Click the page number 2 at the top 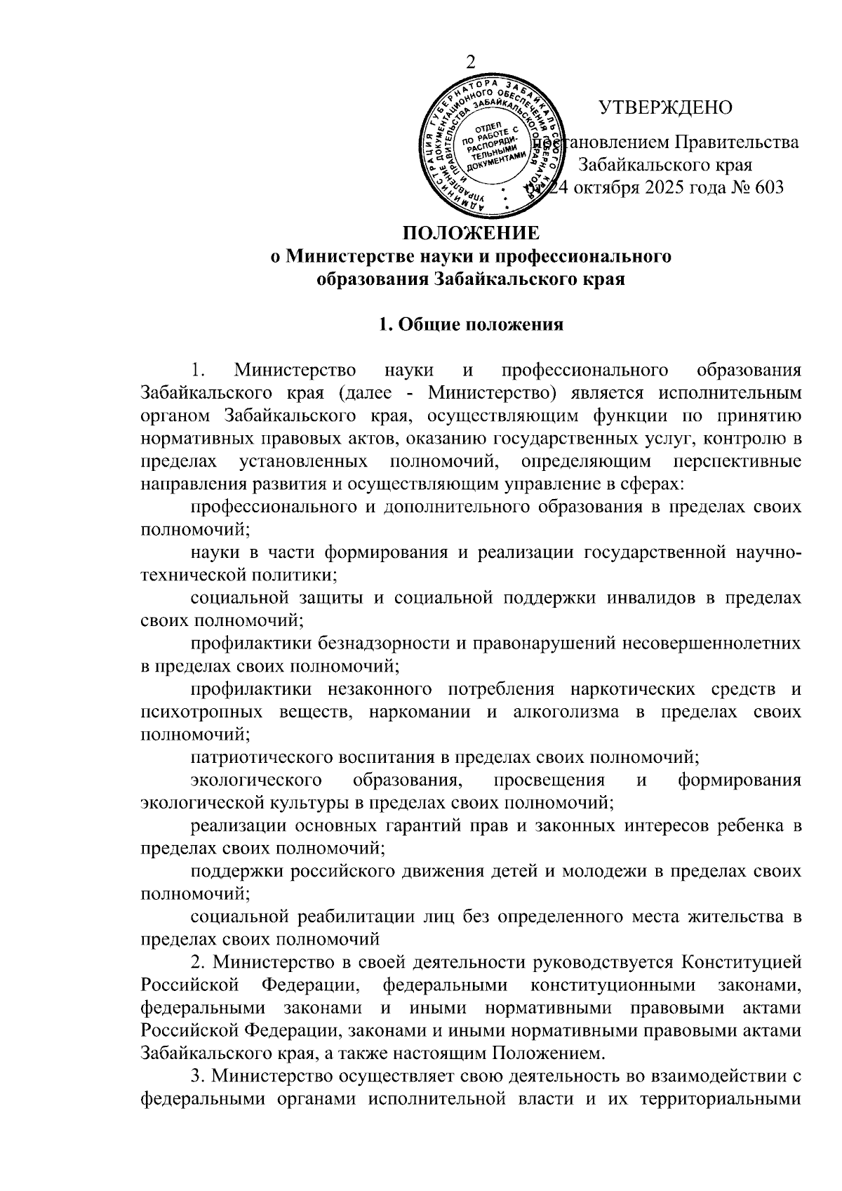pyautogui.click(x=471, y=62)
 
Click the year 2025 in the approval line pyautogui.click(x=665, y=188)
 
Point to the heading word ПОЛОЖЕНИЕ pyautogui.click(x=471, y=233)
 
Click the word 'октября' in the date pyautogui.click(x=605, y=188)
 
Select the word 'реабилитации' pyautogui.click(x=347, y=917)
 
